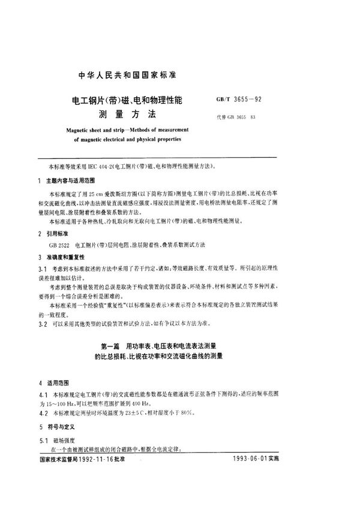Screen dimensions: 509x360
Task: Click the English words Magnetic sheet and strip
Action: click(x=100, y=129)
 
